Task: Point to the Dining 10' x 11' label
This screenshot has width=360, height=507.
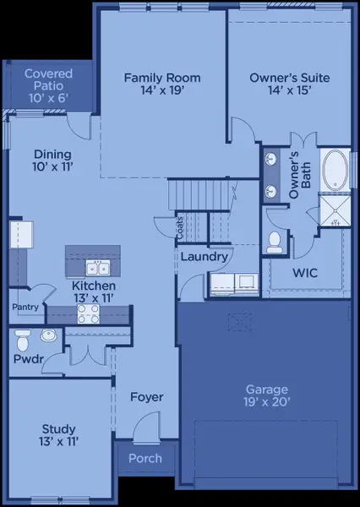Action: tap(52, 161)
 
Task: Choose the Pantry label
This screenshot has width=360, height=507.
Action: tap(25, 308)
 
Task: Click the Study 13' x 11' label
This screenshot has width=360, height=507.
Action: tap(58, 435)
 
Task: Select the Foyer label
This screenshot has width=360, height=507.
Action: tap(146, 396)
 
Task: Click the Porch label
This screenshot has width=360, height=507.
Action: tap(145, 459)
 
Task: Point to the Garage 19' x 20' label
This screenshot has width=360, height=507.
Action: tap(266, 396)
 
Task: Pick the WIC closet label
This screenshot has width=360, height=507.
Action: tap(304, 274)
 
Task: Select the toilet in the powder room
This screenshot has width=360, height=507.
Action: tap(24, 341)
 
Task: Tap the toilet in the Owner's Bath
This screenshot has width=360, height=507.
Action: tap(274, 243)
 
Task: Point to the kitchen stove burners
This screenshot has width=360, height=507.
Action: tap(89, 313)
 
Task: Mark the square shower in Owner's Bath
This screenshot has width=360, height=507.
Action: tap(335, 210)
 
